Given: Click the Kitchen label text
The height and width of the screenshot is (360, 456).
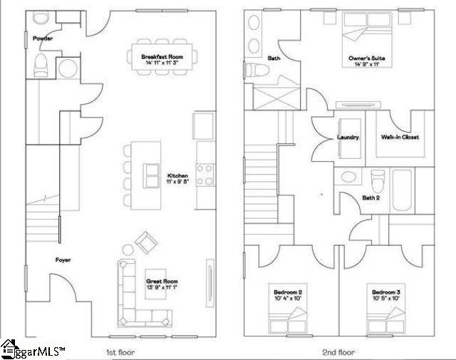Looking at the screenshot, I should coord(177,175).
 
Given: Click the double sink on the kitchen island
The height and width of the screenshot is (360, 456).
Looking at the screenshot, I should coord(152,173).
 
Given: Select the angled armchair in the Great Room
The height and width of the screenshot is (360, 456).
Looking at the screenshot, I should coord(146,242).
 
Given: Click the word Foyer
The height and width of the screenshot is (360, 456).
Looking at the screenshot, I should coord(63,260).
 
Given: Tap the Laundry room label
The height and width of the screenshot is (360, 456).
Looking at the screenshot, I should coord(348,138).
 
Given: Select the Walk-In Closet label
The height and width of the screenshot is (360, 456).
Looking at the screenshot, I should coord(400,138).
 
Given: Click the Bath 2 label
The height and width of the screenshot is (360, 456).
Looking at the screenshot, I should coord(370,197).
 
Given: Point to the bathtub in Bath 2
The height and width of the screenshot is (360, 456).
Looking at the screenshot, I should coord(400,190).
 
